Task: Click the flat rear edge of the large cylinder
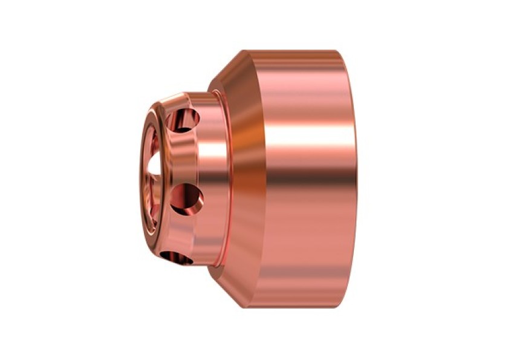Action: [353, 182]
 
